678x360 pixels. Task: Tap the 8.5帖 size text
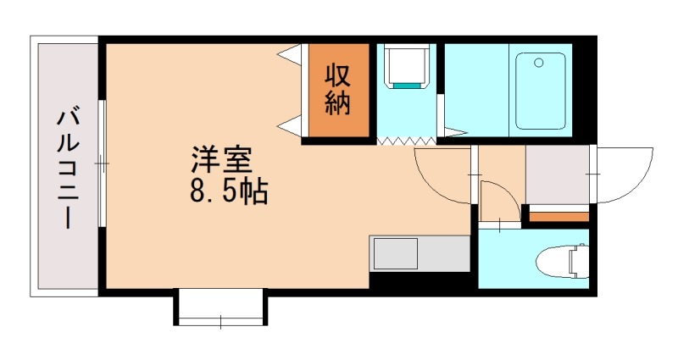pos(228,192)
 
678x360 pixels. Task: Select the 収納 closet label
pos(339,90)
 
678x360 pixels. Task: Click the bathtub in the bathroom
pos(541,91)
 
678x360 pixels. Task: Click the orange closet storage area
pos(339,90)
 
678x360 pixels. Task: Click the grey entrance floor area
pos(557,174)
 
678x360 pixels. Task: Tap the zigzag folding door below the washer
pos(406,140)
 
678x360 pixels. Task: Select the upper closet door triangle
pos(291,57)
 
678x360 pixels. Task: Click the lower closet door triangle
pos(291,125)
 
